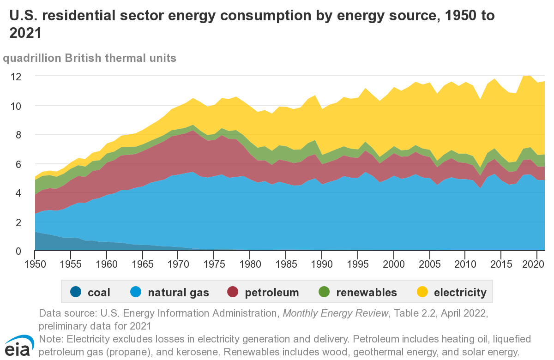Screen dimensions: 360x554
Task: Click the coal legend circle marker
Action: [x=76, y=292]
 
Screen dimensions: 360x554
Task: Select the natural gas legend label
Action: [x=178, y=293]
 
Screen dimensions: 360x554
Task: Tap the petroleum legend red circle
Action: [x=234, y=292]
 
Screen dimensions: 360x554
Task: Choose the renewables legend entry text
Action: [x=367, y=293]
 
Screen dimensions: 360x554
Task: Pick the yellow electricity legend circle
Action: [x=422, y=292]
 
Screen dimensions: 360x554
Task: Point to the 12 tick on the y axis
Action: [x=16, y=76]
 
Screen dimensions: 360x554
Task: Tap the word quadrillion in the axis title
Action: [x=31, y=58]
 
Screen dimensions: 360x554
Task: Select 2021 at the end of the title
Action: [x=25, y=33]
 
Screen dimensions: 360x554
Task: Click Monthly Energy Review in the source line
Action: [x=335, y=313]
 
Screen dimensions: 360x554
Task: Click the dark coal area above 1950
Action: [x=37, y=242]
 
